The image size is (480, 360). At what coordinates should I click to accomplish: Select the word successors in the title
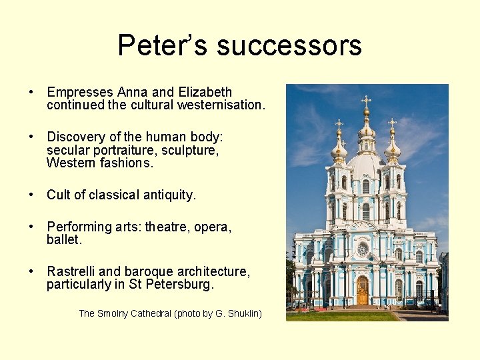point(289,45)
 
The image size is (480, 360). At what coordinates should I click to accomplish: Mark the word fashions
point(127,163)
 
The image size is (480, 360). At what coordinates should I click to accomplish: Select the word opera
point(212,227)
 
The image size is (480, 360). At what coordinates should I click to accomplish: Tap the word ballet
point(64,240)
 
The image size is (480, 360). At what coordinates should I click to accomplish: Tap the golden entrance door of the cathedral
point(362,291)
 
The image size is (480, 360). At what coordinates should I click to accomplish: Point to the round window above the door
point(362,249)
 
